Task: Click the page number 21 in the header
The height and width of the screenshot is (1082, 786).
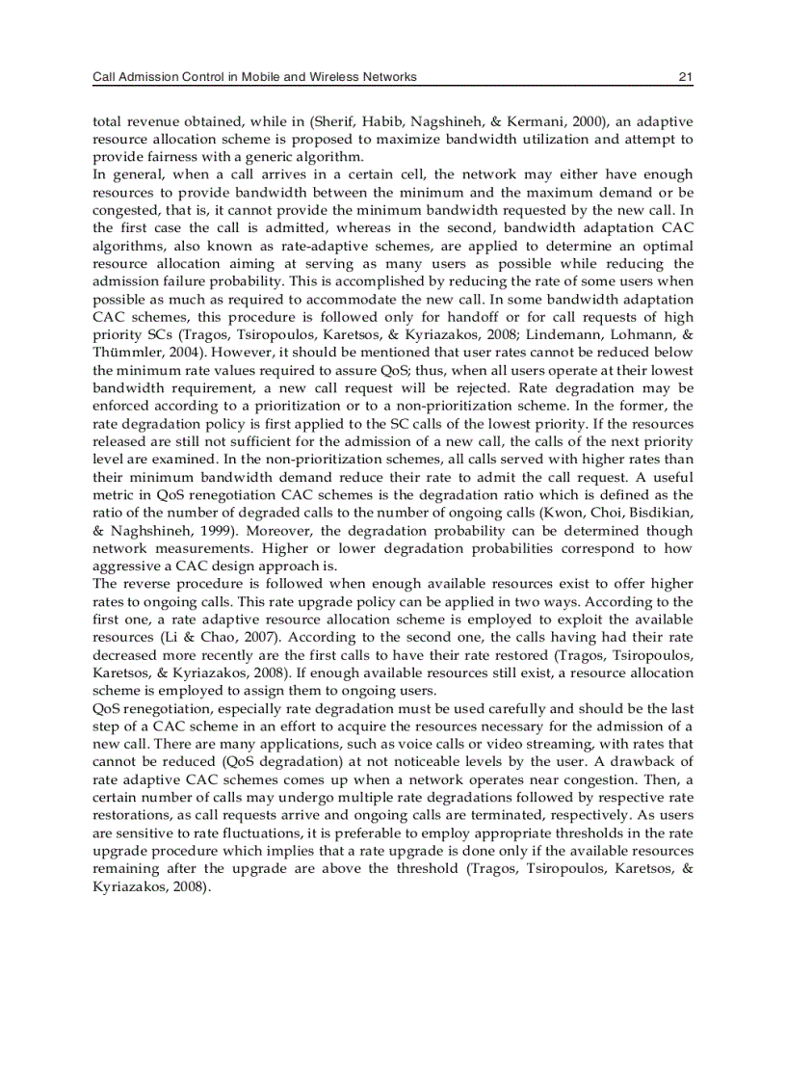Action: coord(685,76)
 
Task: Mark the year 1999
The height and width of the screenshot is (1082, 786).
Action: coord(202,531)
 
